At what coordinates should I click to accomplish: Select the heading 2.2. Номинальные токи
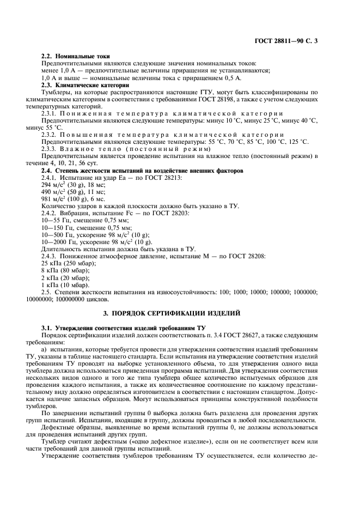click(x=76, y=56)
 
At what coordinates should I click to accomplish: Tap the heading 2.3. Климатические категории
click(x=86, y=84)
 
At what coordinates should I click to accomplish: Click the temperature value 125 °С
click(x=298, y=142)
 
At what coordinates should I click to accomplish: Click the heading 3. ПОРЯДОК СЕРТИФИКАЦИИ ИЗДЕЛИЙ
click(x=180, y=315)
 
